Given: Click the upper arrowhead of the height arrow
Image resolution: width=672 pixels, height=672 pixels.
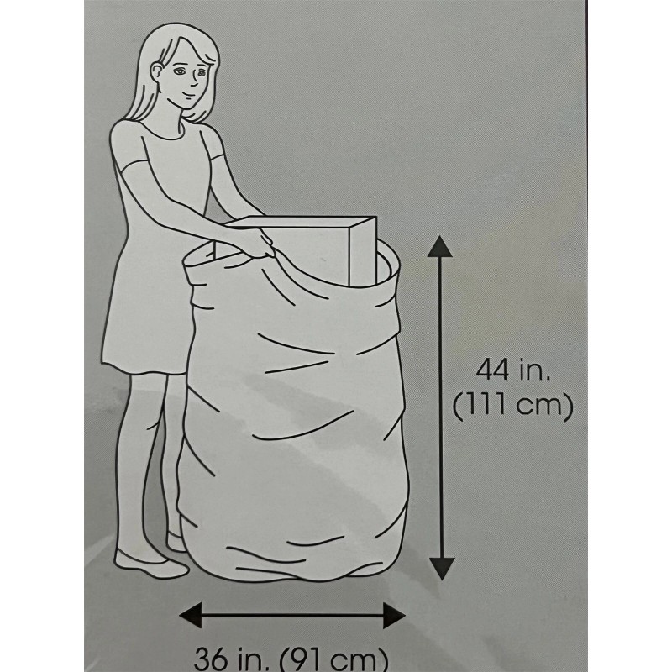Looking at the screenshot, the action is [x=440, y=247].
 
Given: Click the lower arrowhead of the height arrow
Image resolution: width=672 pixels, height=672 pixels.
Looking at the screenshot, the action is [x=442, y=569].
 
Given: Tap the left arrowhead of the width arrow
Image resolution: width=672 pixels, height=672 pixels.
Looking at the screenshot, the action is [x=191, y=615].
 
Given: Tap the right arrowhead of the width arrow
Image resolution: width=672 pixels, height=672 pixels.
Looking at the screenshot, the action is [x=394, y=616].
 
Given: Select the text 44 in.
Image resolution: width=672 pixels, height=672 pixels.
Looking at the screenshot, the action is [x=512, y=370].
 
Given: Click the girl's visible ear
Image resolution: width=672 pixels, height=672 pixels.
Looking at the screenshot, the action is [x=157, y=71].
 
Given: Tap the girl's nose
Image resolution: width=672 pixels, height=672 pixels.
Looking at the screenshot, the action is [x=196, y=80].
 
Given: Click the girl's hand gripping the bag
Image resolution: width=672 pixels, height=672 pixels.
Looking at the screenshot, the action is [x=259, y=243].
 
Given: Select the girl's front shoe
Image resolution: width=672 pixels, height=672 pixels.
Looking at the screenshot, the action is [x=151, y=563].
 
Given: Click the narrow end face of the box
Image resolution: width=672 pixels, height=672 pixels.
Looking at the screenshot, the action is [x=363, y=251].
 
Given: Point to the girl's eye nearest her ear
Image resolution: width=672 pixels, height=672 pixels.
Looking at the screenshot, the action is [x=180, y=71].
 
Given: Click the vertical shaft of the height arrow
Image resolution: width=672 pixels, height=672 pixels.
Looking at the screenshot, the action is [x=441, y=407].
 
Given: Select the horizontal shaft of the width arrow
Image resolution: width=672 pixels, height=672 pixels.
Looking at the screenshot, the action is [x=292, y=616].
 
